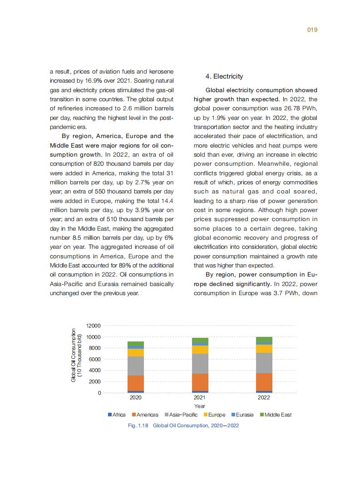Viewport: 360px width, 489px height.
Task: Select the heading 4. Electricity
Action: [225, 76]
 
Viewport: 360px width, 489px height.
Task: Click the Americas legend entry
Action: [145, 415]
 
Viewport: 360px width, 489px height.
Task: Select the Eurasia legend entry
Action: [242, 415]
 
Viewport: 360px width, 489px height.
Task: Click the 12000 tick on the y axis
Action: [93, 326]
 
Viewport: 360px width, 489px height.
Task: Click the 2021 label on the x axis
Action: [200, 398]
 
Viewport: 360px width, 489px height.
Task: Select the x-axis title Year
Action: [200, 406]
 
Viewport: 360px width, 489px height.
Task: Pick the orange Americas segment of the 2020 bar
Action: [136, 383]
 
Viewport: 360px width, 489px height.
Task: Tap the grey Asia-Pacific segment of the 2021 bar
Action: [200, 363]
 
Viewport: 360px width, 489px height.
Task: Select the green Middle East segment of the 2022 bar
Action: [264, 340]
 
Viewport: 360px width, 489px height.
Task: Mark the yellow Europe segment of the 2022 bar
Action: [264, 348]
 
